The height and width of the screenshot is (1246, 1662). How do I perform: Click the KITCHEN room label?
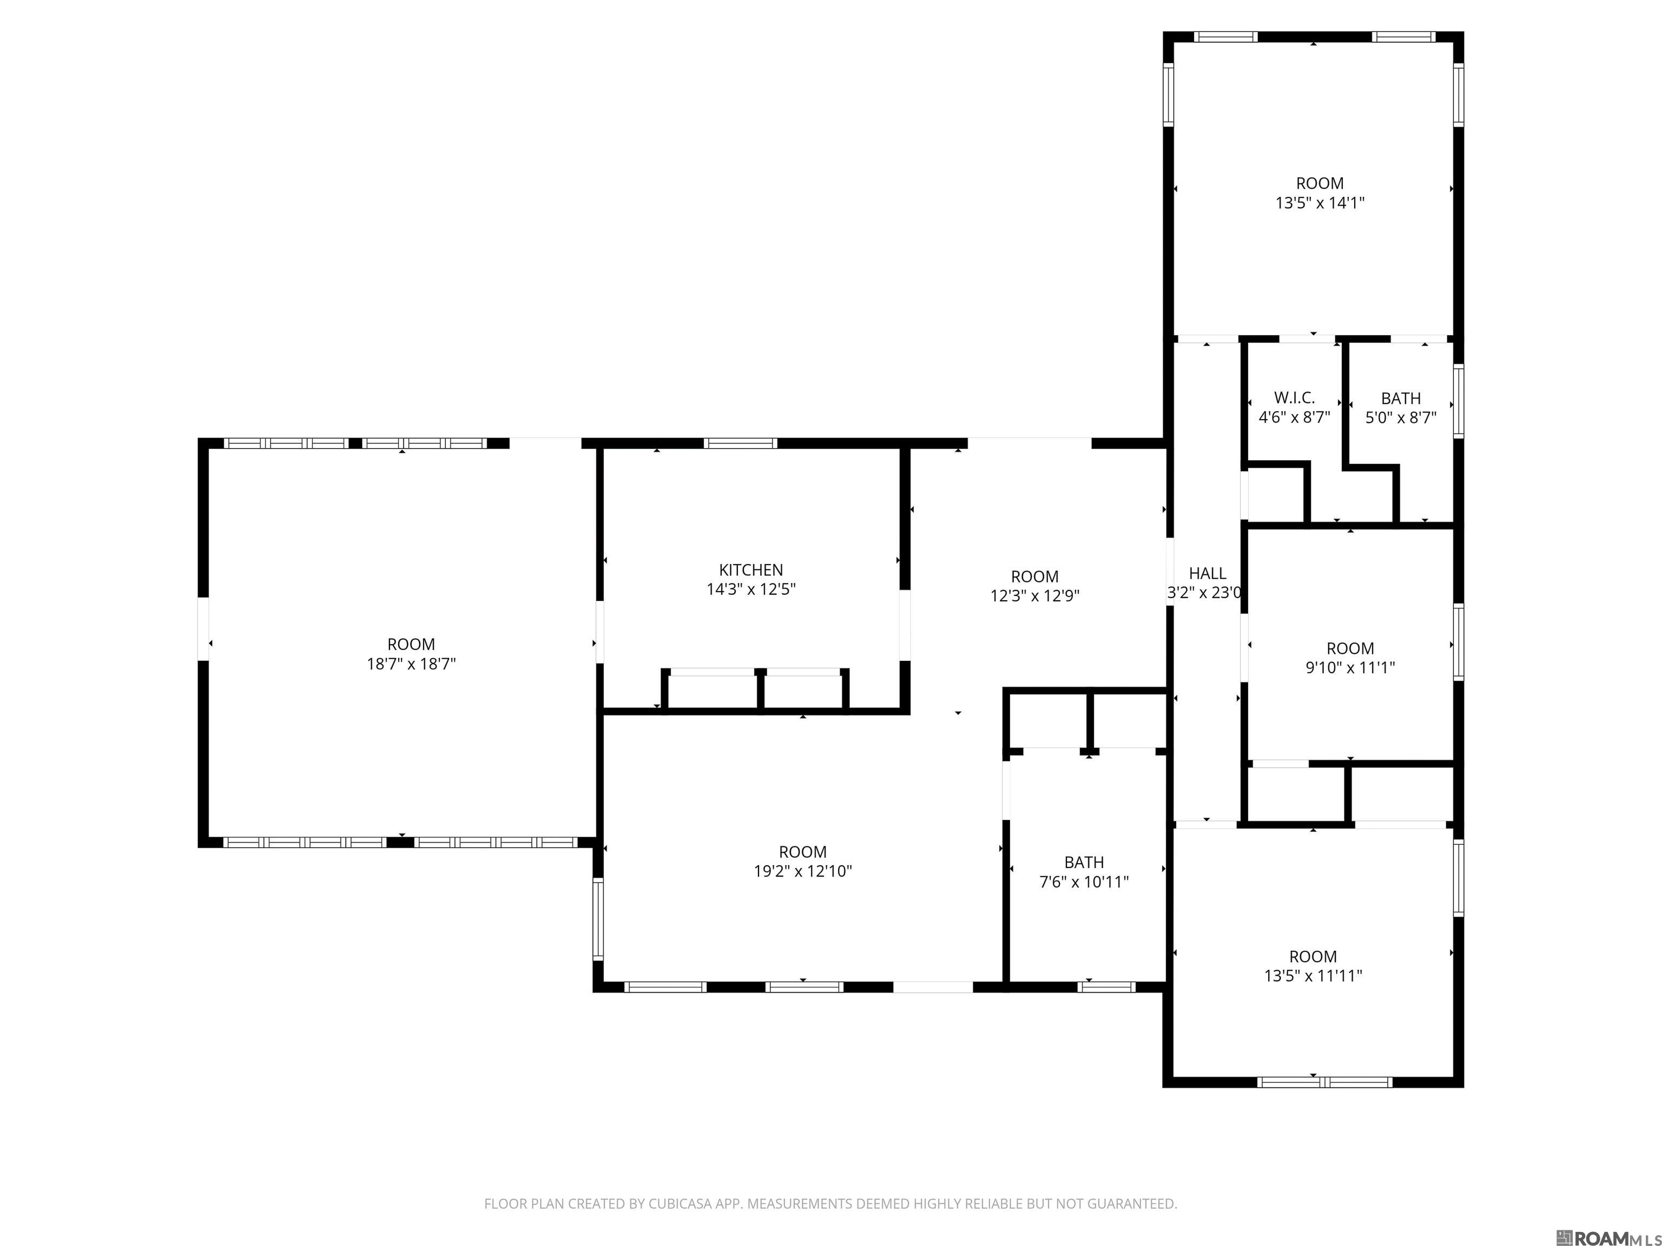click(750, 570)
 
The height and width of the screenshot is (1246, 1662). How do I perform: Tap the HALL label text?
click(1208, 574)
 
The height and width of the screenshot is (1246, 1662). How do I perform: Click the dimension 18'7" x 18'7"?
click(411, 664)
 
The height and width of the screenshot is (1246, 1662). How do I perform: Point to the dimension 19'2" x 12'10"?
click(802, 871)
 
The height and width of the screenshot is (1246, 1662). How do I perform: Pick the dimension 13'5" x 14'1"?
click(1320, 203)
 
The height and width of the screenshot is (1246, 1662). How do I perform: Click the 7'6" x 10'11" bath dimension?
click(1084, 882)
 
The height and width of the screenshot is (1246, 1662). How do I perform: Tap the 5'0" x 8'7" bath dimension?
click(1401, 417)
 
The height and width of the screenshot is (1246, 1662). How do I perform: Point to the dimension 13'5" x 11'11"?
click(1313, 976)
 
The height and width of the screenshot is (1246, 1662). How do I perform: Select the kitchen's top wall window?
click(740, 443)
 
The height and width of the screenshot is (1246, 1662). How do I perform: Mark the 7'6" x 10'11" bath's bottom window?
click(1106, 987)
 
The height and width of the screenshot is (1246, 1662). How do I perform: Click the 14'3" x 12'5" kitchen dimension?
click(750, 589)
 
